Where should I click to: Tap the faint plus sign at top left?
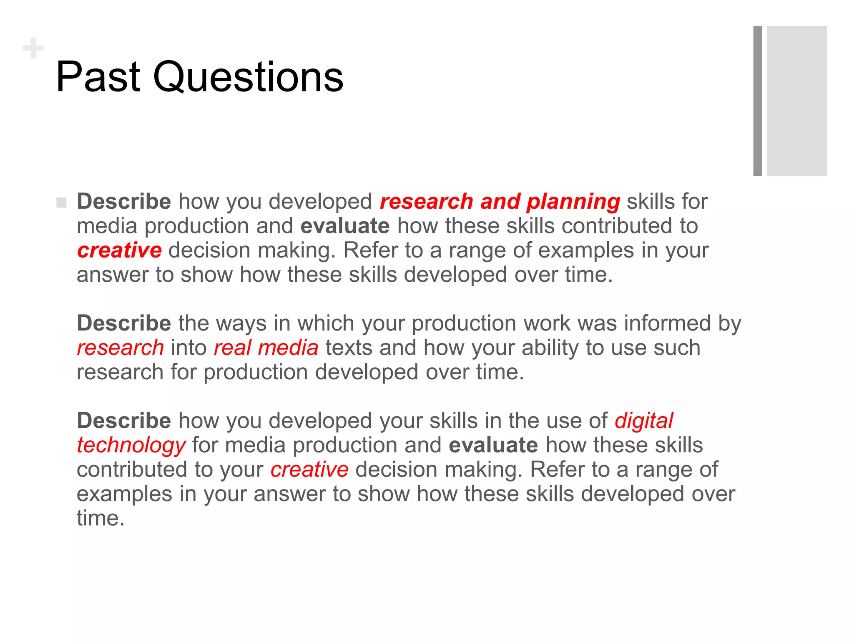tap(33, 48)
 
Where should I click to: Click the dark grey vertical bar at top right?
tap(757, 101)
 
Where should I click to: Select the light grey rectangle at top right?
tap(796, 101)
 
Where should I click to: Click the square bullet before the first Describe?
tap(61, 203)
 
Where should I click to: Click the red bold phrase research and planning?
tap(500, 202)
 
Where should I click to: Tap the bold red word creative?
tap(119, 250)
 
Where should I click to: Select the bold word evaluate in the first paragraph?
tap(345, 226)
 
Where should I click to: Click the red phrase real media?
tap(266, 348)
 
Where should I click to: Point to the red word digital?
tap(643, 421)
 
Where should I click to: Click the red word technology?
tap(131, 446)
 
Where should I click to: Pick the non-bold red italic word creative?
tap(309, 470)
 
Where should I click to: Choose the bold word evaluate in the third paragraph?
tap(493, 445)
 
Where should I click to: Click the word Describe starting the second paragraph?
tap(124, 323)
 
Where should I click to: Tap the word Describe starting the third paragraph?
tap(124, 421)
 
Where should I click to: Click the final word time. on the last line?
tap(100, 518)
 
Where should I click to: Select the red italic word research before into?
tap(121, 348)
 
